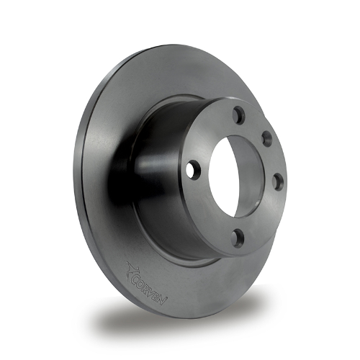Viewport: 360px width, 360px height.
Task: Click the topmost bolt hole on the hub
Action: (240, 115)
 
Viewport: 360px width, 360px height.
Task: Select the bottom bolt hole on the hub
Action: (237, 238)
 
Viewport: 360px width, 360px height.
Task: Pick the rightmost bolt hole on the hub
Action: (279, 181)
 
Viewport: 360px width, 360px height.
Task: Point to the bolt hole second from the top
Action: (267, 138)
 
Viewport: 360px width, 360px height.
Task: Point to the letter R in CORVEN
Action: (148, 290)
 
